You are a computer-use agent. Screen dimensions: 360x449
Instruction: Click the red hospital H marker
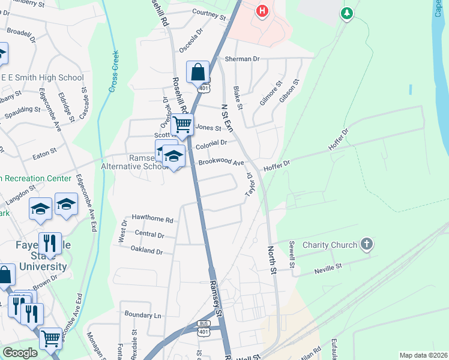[x=262, y=11]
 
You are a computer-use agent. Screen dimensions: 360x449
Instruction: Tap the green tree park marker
[x=346, y=13]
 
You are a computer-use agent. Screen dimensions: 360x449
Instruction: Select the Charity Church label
[x=330, y=245]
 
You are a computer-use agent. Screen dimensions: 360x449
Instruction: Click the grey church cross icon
[x=367, y=244]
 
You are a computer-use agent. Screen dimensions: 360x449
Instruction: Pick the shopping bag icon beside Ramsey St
[x=197, y=72]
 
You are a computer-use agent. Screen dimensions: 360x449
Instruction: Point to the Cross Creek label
[x=114, y=71]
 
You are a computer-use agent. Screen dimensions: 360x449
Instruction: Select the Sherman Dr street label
[x=242, y=59]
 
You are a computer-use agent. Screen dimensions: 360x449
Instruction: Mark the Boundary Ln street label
[x=143, y=314]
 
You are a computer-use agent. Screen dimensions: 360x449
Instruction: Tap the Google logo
[x=20, y=353]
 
